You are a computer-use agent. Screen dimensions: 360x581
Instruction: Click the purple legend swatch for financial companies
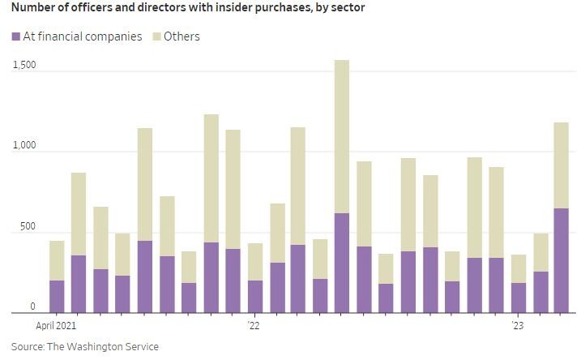pyautogui.click(x=17, y=36)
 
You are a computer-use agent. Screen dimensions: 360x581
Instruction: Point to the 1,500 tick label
pyautogui.click(x=23, y=65)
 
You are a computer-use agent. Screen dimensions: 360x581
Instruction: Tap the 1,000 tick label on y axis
pyautogui.click(x=23, y=145)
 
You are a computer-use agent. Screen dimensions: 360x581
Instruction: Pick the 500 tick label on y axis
pyautogui.click(x=28, y=226)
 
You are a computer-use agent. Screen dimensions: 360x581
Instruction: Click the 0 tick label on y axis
pyautogui.click(x=33, y=306)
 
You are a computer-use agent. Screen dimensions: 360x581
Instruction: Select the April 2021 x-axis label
pyautogui.click(x=55, y=326)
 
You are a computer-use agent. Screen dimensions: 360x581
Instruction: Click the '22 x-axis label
pyautogui.click(x=254, y=326)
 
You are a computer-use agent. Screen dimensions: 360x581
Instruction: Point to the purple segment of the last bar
pyautogui.click(x=561, y=260)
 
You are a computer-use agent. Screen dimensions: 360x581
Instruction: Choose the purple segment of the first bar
pyautogui.click(x=57, y=296)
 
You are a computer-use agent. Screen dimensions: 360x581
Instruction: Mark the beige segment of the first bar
pyautogui.click(x=57, y=260)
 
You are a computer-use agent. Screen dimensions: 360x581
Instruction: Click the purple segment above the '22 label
pyautogui.click(x=254, y=296)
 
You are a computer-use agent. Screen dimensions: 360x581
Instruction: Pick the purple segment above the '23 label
pyautogui.click(x=519, y=298)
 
